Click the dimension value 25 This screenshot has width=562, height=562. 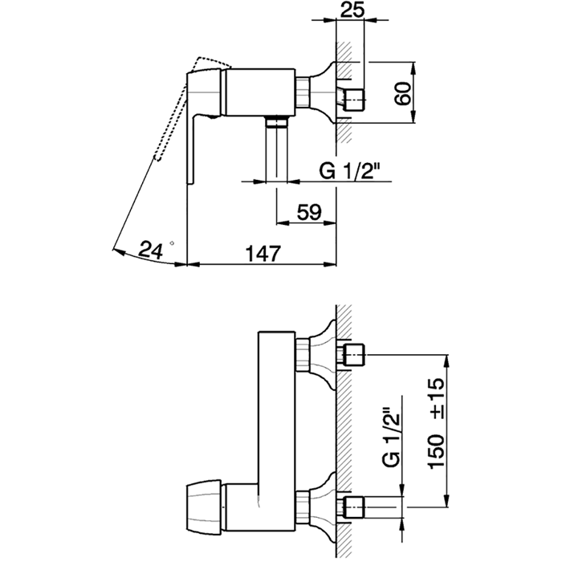pos(352,9)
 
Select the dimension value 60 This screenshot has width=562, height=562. pos(402,93)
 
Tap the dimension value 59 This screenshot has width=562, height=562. pos(309,212)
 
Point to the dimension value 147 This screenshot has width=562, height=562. pos(263,254)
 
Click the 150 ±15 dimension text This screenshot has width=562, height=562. pos(436,423)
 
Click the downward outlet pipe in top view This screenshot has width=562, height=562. pos(277,150)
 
